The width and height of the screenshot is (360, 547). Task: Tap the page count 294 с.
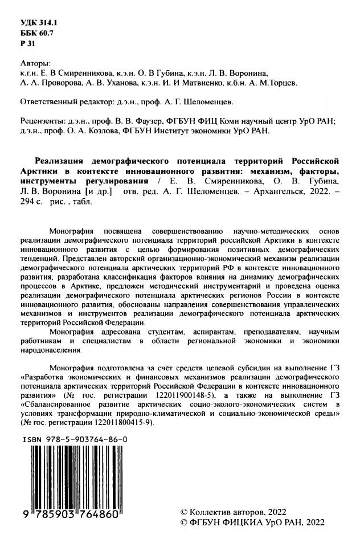coord(31,202)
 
